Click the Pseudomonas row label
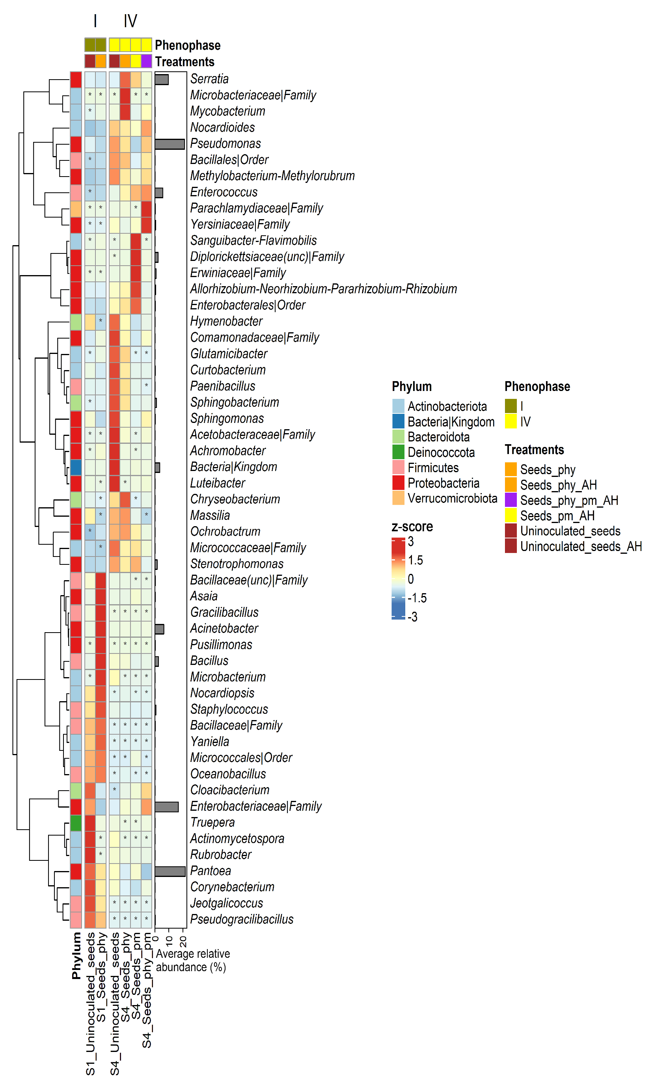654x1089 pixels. tap(225, 143)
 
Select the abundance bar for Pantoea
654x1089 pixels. tap(170, 871)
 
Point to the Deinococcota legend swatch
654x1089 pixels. tap(398, 452)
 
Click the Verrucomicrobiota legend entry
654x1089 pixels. tap(452, 498)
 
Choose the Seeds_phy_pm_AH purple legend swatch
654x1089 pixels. tap(511, 500)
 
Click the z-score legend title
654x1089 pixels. tap(412, 527)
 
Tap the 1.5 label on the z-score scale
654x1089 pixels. tap(415, 560)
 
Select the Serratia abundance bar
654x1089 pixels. tap(162, 79)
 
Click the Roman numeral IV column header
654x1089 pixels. tap(130, 21)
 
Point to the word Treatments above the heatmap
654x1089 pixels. tap(184, 61)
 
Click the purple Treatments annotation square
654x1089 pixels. tap(146, 61)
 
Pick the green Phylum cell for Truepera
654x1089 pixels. tap(76, 823)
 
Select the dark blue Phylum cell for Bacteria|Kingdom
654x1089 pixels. tap(76, 467)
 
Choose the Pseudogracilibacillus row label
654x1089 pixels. tap(242, 920)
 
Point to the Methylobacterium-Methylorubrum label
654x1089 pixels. tap(272, 176)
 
